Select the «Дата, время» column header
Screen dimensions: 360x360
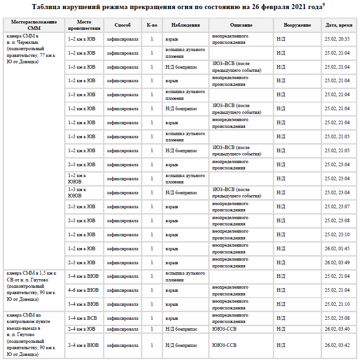point(338,25)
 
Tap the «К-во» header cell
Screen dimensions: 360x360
point(152,25)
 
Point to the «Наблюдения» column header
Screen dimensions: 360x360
point(186,25)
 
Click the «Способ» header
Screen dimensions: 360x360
point(122,25)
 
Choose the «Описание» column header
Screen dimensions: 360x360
point(241,25)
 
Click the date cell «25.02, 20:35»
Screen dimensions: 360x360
point(337,39)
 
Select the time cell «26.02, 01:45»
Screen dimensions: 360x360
point(337,248)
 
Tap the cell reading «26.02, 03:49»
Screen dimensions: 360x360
point(337,262)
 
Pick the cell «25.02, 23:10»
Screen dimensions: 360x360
point(337,234)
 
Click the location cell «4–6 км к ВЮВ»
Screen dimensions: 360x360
point(83,290)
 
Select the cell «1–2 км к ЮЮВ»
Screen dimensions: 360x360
point(77,178)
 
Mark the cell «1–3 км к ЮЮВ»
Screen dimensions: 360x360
point(77,192)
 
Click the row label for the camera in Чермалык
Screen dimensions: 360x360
point(31,48)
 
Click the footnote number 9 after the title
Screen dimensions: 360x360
point(324,5)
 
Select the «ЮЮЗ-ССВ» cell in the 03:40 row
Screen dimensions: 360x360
point(224,329)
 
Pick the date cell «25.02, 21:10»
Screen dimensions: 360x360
point(337,304)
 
